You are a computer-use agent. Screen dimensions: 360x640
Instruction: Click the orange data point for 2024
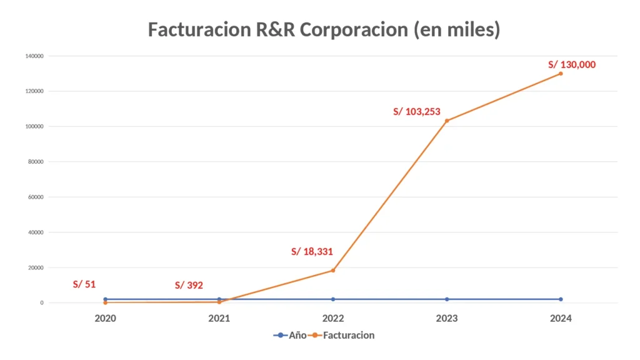561,74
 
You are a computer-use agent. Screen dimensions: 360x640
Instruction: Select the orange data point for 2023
447,121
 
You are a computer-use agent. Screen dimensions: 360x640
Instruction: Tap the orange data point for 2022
333,271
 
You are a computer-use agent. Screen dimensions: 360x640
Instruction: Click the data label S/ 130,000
572,64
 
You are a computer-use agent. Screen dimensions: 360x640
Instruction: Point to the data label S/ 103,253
417,112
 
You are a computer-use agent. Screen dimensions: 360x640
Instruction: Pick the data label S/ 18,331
312,252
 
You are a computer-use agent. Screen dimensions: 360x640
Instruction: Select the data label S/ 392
189,286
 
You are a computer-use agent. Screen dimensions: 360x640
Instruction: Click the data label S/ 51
84,284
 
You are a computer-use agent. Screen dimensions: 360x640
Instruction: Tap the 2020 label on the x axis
105,318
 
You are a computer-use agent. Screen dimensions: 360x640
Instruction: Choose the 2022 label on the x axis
333,318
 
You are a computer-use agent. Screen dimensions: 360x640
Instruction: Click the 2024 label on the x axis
561,318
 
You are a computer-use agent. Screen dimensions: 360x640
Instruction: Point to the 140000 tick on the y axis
34,56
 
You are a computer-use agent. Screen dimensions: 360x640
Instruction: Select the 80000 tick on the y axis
35,162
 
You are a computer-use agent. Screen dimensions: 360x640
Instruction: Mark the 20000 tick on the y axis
35,267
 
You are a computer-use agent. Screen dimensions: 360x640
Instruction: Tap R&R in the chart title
274,29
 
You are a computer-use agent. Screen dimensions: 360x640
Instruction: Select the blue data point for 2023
447,299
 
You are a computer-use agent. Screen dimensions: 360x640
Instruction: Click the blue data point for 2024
561,299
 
